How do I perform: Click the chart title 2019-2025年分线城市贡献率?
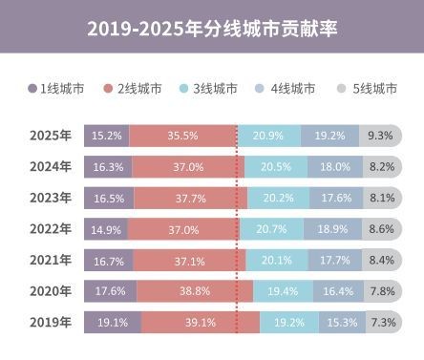click(212, 31)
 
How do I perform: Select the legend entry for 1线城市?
click(56, 89)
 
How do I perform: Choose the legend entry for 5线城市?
click(369, 89)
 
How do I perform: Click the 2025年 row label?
click(51, 136)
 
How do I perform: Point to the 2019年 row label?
click(51, 322)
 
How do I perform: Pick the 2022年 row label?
click(51, 229)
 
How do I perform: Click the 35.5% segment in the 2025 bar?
click(183, 136)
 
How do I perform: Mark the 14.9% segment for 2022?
click(105, 229)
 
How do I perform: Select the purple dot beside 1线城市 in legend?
click(33, 89)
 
